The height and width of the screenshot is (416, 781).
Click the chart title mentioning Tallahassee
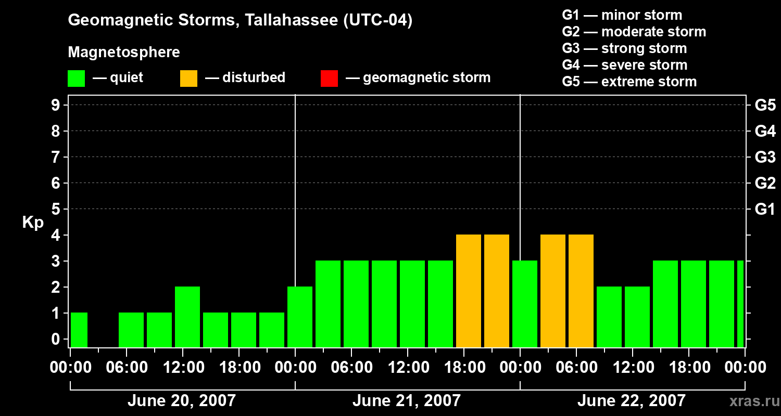[240, 21]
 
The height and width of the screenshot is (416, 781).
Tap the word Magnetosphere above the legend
[124, 53]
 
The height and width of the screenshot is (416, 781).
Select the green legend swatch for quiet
[76, 79]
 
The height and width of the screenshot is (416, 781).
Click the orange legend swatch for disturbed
[188, 79]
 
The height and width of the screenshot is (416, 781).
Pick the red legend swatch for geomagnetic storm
[329, 79]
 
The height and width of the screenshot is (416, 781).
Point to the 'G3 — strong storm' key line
[624, 48]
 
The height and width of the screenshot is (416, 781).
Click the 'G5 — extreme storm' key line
[629, 82]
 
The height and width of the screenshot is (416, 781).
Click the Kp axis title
[33, 223]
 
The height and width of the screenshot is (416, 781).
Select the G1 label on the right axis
[765, 210]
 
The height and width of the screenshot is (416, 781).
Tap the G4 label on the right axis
[765, 131]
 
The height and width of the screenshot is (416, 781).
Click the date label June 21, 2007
[406, 401]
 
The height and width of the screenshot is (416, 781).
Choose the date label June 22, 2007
[631, 401]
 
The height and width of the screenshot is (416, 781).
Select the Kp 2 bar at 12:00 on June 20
[187, 317]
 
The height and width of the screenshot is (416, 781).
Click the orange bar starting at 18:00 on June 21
[469, 291]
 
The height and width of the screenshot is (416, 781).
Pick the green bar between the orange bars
[525, 304]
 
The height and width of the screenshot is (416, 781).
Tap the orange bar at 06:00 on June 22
[581, 291]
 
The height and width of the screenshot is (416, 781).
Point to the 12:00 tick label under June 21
[407, 368]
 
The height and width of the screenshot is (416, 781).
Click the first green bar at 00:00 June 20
[79, 330]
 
